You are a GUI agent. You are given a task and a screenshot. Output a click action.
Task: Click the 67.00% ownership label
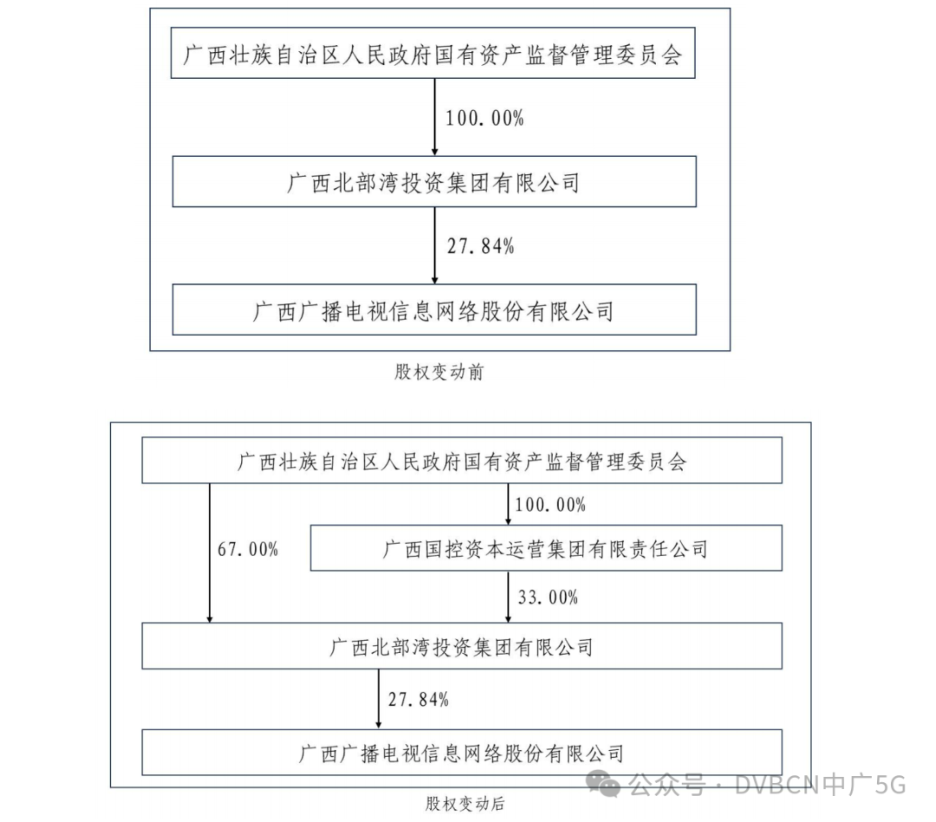coord(247,549)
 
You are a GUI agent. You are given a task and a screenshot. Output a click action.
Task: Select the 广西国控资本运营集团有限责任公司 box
coord(546,548)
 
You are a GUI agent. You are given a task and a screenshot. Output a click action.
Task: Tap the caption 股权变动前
coord(439,372)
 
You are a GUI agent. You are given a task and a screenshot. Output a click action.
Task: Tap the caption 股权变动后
coord(464,803)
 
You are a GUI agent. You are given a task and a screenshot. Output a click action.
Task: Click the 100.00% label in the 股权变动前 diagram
coord(484,119)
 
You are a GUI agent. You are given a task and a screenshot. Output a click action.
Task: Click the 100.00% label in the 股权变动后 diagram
coord(550,504)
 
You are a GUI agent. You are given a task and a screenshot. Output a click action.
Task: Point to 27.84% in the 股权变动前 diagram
coord(480,246)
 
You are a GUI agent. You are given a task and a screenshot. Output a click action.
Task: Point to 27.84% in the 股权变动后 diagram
coord(418,699)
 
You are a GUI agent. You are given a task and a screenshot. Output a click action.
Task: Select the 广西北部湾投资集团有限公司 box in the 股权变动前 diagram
coord(433,182)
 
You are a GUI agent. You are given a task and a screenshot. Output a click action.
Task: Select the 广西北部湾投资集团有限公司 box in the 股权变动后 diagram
coord(461,647)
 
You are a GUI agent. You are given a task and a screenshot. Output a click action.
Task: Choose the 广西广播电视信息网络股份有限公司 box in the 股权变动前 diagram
coord(433,310)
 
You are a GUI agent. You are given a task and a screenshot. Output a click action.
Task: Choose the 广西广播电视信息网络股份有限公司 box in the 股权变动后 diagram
coord(461,752)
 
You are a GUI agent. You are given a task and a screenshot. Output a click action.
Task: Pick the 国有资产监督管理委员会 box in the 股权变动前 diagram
coord(433,55)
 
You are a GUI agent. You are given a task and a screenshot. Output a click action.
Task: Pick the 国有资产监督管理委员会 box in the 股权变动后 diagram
coord(461,461)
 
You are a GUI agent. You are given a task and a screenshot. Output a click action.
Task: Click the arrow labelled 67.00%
coord(210,554)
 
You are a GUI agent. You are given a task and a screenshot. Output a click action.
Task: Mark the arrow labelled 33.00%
coord(508,598)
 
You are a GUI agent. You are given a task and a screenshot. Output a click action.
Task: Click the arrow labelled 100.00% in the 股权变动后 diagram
coord(508,504)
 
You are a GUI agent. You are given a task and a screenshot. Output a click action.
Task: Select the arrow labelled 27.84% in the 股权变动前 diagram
coord(434,246)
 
